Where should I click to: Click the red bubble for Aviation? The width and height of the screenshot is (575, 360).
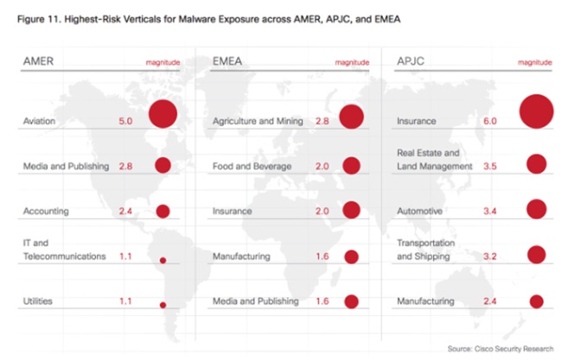tap(162, 114)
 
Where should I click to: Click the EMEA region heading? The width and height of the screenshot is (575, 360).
tap(227, 61)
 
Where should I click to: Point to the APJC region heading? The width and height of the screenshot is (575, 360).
tap(410, 61)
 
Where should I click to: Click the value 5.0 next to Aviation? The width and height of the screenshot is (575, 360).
tap(125, 122)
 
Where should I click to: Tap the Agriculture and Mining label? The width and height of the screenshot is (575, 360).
tap(257, 122)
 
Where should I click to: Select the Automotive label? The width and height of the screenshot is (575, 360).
tap(419, 210)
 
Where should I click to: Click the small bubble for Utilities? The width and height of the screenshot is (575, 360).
tap(162, 305)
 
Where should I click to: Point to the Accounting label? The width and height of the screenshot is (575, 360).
tap(47, 210)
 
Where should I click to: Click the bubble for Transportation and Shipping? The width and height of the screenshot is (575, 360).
tap(536, 254)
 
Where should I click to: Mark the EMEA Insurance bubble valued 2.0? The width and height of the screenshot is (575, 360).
tap(351, 209)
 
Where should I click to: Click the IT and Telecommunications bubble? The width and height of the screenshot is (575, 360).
tap(162, 260)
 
